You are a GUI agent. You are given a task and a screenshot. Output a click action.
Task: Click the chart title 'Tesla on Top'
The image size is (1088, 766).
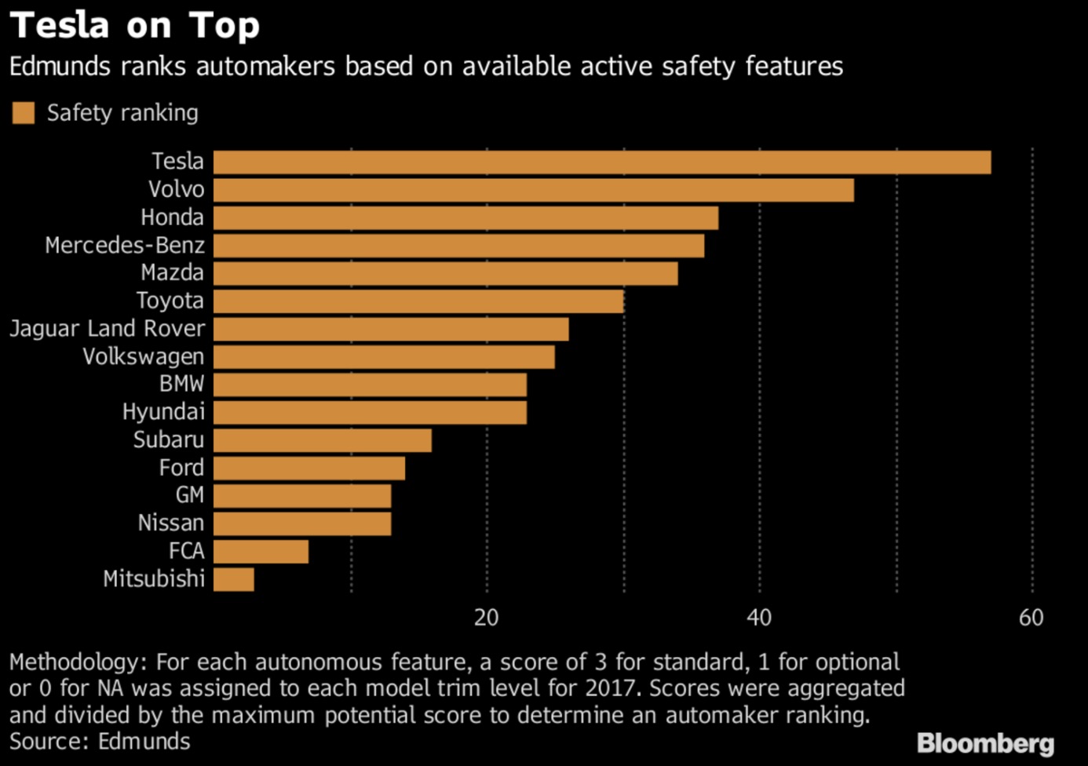[134, 25]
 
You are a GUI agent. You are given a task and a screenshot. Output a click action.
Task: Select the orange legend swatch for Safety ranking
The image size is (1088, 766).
[24, 113]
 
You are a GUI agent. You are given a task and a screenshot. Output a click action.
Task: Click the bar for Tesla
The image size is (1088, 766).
[601, 162]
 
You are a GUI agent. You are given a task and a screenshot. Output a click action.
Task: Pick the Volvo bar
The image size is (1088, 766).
[533, 190]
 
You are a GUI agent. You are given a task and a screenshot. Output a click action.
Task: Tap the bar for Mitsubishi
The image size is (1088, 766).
[233, 579]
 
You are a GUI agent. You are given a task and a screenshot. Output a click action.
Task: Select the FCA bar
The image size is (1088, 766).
[261, 552]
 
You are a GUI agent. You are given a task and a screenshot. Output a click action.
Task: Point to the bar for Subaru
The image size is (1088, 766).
[322, 440]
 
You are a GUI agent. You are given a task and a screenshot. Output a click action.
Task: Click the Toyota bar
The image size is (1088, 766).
[418, 301]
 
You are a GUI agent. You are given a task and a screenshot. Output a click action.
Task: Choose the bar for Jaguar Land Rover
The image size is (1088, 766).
[391, 329]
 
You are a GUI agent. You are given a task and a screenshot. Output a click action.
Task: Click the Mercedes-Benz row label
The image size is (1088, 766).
[125, 246]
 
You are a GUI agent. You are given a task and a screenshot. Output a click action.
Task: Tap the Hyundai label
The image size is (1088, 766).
[163, 412]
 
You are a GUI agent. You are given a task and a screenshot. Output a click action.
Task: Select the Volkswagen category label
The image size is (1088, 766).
[144, 357]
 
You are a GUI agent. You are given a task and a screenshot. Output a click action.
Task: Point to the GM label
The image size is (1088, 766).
[190, 495]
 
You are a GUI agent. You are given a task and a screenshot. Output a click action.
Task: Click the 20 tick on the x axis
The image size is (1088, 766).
[487, 618]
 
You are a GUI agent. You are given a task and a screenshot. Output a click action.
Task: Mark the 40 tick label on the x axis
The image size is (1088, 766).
[759, 618]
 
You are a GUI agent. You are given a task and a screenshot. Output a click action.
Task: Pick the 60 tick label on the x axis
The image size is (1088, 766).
[1031, 618]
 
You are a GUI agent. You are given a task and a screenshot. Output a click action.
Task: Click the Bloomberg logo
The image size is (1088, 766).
[985, 742]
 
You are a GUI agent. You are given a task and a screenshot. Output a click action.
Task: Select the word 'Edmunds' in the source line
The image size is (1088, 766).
[144, 742]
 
